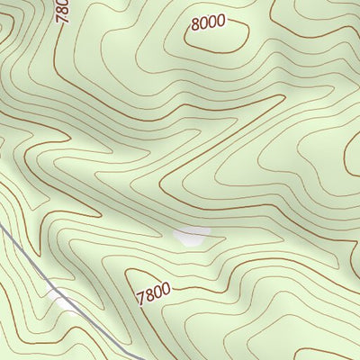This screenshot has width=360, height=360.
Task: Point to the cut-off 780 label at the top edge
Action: [x=63, y=10]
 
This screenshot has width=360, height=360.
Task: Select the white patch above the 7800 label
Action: [x=191, y=236]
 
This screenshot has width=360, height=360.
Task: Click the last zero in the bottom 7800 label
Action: [x=166, y=287]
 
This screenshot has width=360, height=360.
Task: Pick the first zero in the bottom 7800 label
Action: [x=157, y=291]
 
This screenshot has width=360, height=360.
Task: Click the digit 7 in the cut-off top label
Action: [x=63, y=18]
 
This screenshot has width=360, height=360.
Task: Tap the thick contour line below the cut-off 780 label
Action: [x=56, y=54]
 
